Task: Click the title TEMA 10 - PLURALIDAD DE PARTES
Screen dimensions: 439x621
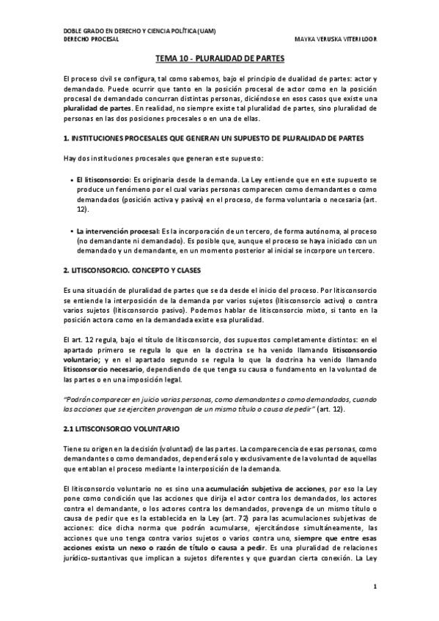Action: pyautogui.click(x=220, y=57)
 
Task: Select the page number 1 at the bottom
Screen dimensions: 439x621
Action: pyautogui.click(x=375, y=587)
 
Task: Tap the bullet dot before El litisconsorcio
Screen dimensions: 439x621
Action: pyautogui.click(x=70, y=179)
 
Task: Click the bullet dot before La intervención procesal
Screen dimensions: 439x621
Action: pyautogui.click(x=70, y=231)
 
